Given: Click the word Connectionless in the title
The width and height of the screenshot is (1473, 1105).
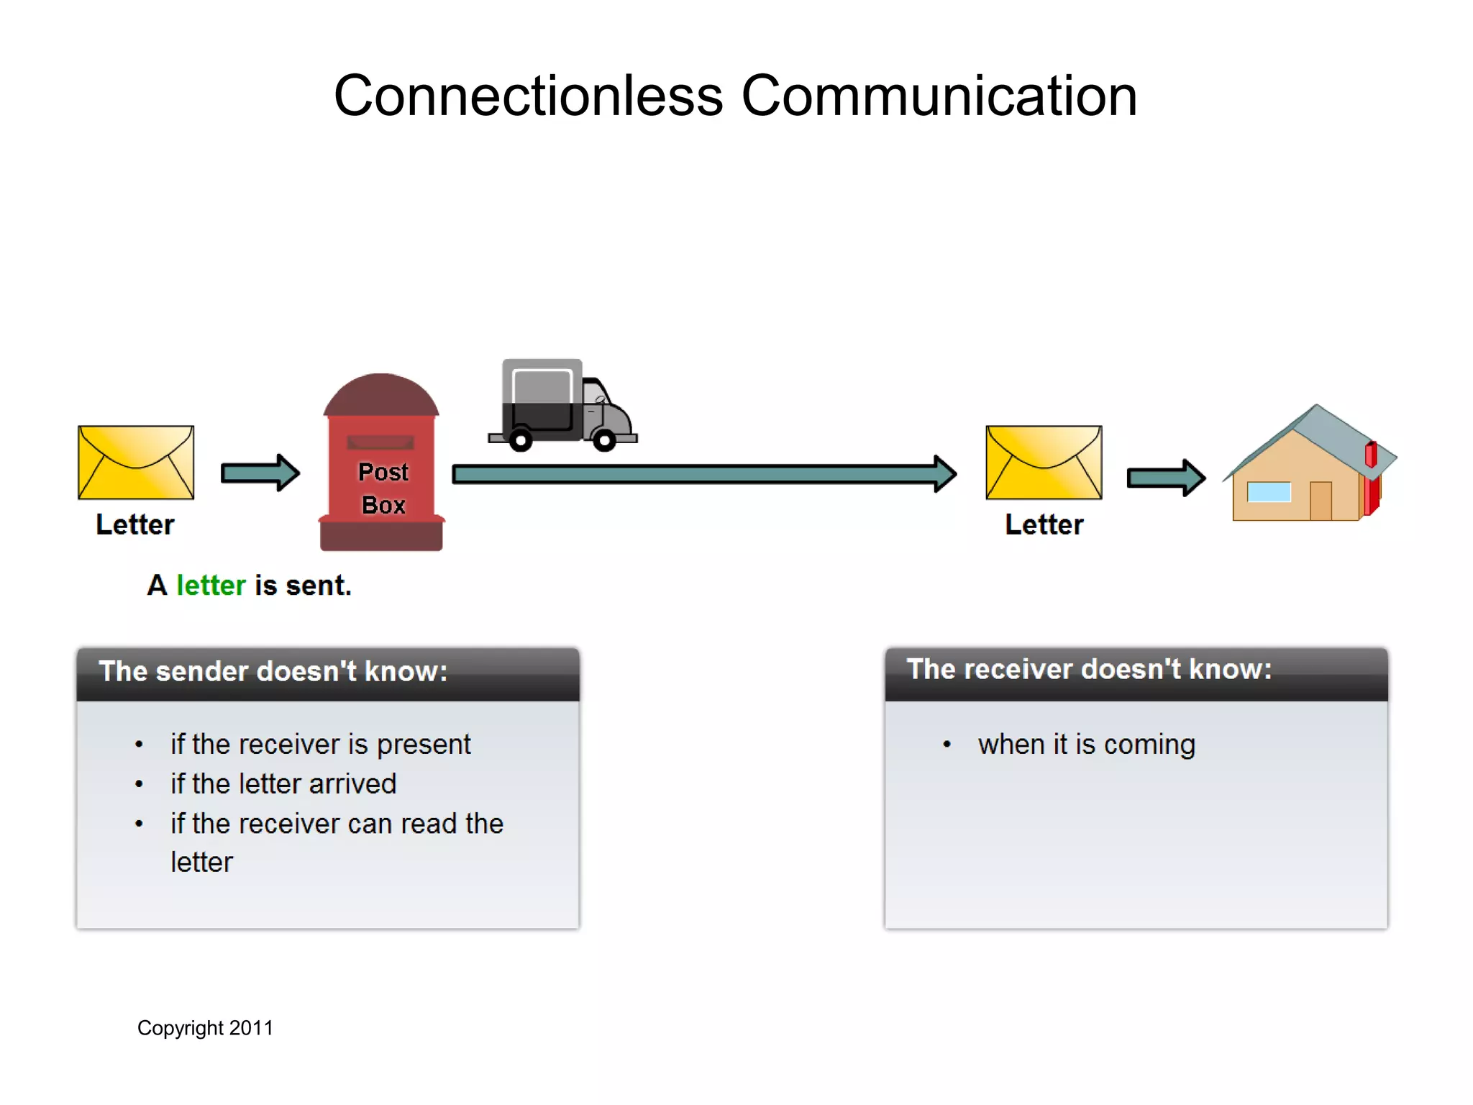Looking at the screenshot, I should [x=528, y=96].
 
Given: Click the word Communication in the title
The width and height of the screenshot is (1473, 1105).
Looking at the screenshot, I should [x=939, y=96].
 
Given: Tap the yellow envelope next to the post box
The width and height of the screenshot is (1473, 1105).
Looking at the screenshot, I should [x=136, y=462].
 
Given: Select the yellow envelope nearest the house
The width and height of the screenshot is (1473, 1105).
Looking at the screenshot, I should [x=1044, y=462].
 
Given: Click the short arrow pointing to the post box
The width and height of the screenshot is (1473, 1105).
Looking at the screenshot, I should [x=260, y=473].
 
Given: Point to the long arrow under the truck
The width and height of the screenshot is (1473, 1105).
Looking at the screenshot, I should [x=703, y=473].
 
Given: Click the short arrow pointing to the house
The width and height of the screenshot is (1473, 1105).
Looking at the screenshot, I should [x=1165, y=478].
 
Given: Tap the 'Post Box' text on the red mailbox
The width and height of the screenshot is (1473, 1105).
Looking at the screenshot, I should [x=383, y=488].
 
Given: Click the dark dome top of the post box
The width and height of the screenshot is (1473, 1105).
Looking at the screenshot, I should [x=381, y=396].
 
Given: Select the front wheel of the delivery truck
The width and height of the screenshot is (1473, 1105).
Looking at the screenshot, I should [x=604, y=439].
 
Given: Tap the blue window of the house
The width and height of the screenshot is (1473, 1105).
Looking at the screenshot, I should [x=1269, y=492].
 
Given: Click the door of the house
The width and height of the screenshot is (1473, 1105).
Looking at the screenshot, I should [x=1321, y=501].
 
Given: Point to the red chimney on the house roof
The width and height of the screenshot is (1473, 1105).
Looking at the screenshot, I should [x=1371, y=454].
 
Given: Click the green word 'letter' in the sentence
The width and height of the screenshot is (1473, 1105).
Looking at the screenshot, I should [x=211, y=586].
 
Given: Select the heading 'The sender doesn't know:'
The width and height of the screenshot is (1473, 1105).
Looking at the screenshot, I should [x=273, y=671].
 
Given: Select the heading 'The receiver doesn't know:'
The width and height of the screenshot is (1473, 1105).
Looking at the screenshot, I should [x=1089, y=669].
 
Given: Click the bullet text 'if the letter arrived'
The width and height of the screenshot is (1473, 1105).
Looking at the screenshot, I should [x=283, y=783].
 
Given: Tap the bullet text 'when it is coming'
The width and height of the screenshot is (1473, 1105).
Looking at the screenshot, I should [x=1086, y=745].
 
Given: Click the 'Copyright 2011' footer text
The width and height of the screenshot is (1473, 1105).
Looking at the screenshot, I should [x=205, y=1028].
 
